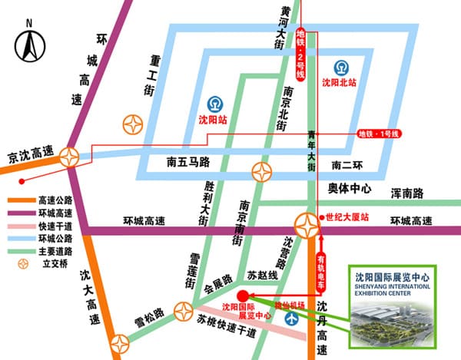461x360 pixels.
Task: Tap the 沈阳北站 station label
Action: click(340, 82)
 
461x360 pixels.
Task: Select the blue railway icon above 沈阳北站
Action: click(340, 65)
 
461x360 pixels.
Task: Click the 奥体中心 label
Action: click(350, 188)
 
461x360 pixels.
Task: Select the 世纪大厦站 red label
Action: click(348, 217)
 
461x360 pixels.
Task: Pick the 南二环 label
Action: click(348, 165)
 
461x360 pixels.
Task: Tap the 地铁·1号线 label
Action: click(380, 134)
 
